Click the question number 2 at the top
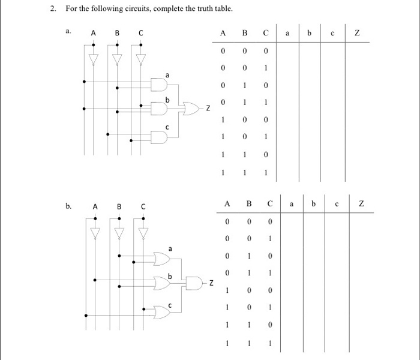(x=53, y=10)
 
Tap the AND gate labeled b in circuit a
(x=159, y=108)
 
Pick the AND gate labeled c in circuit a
(x=159, y=136)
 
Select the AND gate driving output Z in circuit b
(x=196, y=281)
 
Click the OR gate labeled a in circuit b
(x=162, y=259)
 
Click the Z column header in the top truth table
(x=358, y=34)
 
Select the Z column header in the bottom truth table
(x=361, y=205)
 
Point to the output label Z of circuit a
(x=208, y=109)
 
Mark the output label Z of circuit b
(x=211, y=281)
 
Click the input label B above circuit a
(x=117, y=34)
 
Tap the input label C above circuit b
(x=143, y=207)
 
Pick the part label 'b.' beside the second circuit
(x=69, y=206)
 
